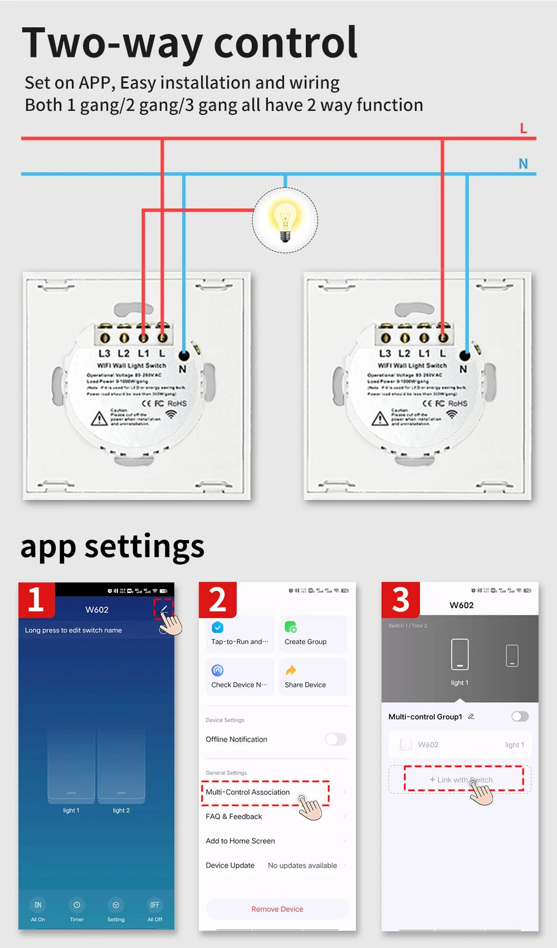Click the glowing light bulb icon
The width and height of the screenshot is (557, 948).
tap(285, 220)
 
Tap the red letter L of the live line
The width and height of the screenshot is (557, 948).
tap(523, 128)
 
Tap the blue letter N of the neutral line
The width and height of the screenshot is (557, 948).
tap(522, 164)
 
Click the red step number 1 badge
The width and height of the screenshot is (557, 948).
tap(36, 600)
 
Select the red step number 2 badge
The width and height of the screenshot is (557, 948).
tap(218, 600)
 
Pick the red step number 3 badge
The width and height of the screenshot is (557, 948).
tap(400, 600)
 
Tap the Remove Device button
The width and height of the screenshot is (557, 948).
tap(277, 909)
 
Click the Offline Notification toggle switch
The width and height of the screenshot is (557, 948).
tap(335, 739)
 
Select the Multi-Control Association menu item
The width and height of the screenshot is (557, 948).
tap(248, 792)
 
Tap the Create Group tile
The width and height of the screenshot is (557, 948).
tap(312, 634)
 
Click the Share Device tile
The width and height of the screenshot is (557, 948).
tap(312, 677)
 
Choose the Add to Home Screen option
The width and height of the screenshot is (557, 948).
tap(241, 841)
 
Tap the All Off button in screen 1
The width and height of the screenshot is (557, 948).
tap(155, 910)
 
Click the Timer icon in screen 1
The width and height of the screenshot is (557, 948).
tap(77, 905)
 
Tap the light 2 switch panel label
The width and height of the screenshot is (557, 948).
tap(121, 810)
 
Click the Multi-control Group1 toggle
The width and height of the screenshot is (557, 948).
tap(520, 717)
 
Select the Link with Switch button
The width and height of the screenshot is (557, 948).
tap(461, 780)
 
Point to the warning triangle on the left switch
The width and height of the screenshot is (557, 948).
tap(99, 418)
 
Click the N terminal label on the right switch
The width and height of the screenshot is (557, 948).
tap(463, 369)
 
